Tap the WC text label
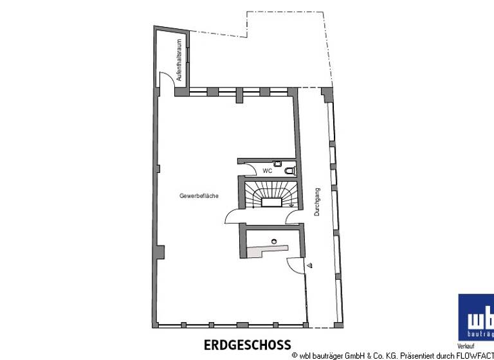pos(268,171)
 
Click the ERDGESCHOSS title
pos(247,345)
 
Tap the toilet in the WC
pos(290,170)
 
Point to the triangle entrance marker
pos(309,264)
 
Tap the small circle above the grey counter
pos(274,241)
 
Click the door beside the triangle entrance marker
pos(294,267)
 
